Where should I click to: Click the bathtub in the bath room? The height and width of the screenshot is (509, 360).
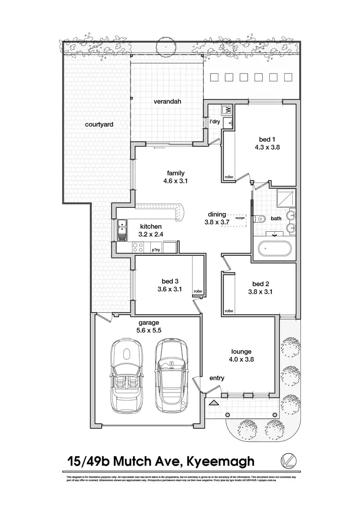[x=274, y=249]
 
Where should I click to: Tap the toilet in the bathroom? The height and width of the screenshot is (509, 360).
[x=260, y=218]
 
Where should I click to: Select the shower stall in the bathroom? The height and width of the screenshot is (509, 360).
[x=287, y=199]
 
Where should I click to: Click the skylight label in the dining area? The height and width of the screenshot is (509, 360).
[x=240, y=218]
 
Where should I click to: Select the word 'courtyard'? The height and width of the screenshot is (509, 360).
[x=99, y=124]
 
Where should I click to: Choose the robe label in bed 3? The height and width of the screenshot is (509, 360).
[x=198, y=291]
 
